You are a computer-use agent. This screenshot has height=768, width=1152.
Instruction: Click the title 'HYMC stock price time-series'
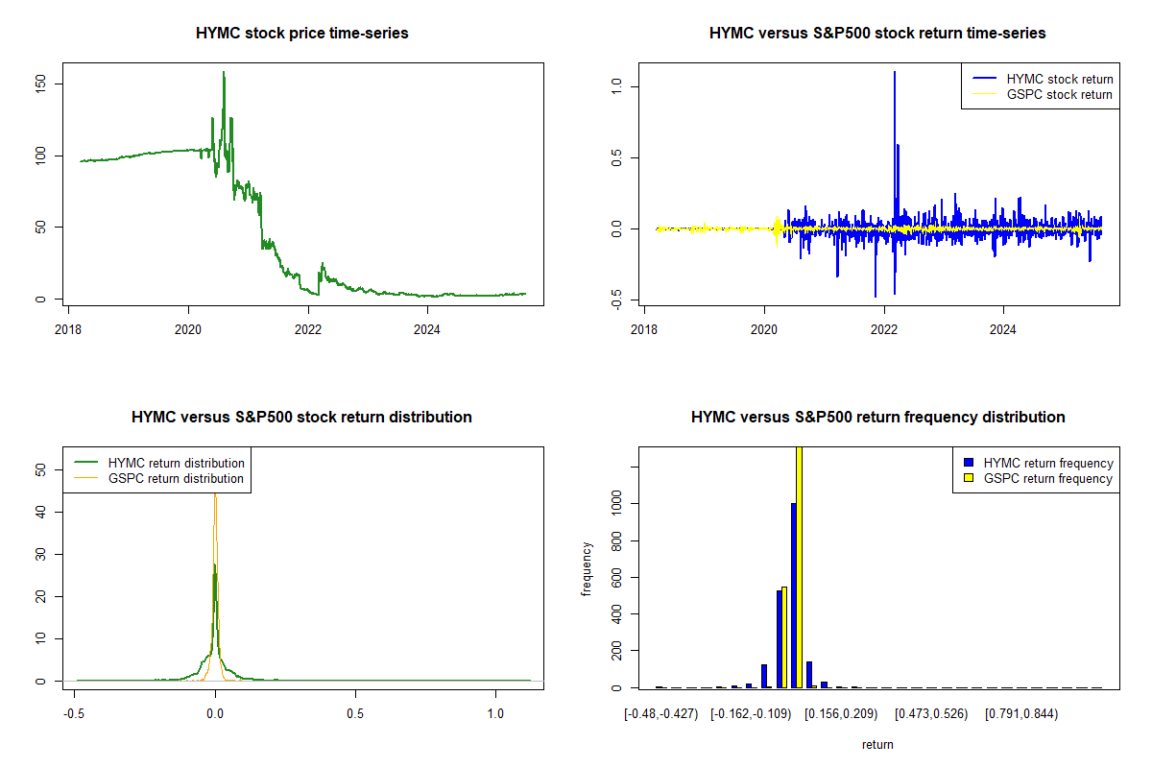(x=301, y=34)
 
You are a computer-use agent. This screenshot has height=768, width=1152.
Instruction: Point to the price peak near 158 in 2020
(x=224, y=73)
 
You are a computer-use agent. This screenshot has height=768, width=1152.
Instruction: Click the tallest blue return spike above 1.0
(x=895, y=73)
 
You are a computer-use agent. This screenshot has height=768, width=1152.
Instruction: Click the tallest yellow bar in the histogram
(x=799, y=566)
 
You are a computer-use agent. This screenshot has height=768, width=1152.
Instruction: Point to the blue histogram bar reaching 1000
(x=793, y=595)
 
